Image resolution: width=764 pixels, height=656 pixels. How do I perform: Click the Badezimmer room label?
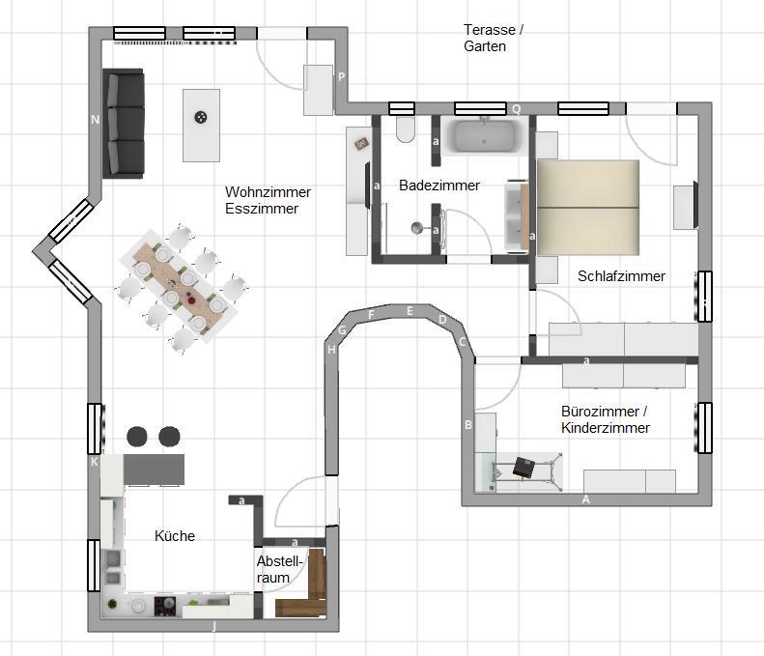coord(439,185)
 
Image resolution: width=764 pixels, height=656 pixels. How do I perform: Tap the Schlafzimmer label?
coord(621,276)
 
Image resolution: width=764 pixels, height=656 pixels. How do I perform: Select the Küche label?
coord(175,535)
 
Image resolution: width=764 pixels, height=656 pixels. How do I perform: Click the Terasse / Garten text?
coord(494,38)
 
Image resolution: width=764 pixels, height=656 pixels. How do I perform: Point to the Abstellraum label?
coord(280,569)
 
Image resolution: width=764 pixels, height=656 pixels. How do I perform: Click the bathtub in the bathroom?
coord(484,135)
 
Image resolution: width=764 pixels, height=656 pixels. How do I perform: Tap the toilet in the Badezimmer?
coord(405,129)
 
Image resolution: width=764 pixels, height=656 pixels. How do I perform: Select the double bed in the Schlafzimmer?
coord(588,208)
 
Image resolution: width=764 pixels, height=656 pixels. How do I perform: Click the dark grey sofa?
coord(124,124)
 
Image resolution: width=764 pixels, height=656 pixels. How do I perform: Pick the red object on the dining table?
coord(191,300)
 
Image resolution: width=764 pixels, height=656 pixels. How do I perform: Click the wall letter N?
coord(95,120)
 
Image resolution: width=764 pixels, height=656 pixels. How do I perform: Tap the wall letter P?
coord(341,76)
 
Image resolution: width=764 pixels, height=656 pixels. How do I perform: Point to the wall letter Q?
coord(516,108)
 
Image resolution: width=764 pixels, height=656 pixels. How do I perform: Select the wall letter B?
coord(468,425)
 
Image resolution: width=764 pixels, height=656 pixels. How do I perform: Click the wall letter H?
coord(331,350)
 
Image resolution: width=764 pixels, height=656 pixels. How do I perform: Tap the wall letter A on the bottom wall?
coord(586,499)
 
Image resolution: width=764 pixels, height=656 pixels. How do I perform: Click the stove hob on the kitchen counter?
coord(165,606)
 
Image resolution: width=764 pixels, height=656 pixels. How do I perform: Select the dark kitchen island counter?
coord(154,470)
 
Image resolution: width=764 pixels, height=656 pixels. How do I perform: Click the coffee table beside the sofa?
coord(201,126)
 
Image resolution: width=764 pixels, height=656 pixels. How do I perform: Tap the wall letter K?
coord(94,462)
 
